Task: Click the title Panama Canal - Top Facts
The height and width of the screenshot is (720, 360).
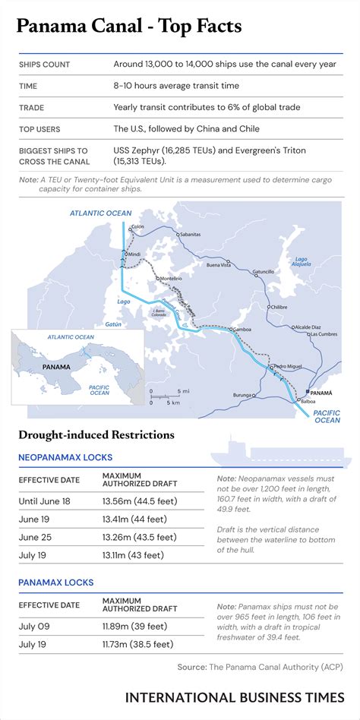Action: [129, 27]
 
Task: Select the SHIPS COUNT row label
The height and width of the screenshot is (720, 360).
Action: [45, 65]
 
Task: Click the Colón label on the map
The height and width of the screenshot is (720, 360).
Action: [137, 226]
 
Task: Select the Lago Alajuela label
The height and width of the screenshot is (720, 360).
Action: [302, 263]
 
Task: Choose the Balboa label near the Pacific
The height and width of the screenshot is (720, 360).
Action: [308, 400]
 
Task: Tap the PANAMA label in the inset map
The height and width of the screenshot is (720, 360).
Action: [58, 366]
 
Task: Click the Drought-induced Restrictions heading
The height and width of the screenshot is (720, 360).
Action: [96, 435]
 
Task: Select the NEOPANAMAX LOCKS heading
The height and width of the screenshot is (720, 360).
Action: [65, 457]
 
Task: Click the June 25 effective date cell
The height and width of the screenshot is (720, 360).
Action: [36, 537]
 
